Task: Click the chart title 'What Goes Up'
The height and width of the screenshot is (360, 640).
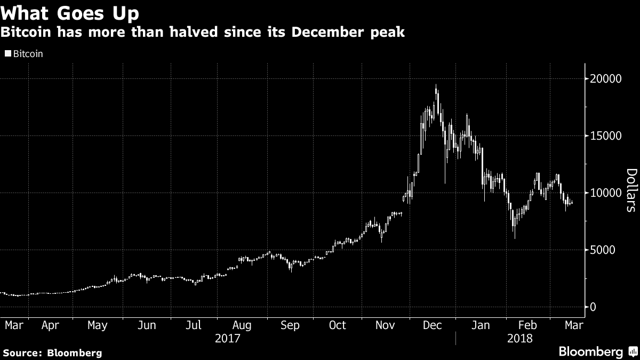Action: coord(74,12)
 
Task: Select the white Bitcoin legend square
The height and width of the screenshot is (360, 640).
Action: coord(7,54)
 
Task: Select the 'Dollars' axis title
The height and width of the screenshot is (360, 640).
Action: coord(631,190)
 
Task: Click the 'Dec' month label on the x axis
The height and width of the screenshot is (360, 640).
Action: coord(433,325)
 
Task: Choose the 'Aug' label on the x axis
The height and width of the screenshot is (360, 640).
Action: coord(242,325)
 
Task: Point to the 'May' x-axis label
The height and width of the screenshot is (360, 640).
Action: coord(97,325)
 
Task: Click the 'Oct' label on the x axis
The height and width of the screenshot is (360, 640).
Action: coord(337,325)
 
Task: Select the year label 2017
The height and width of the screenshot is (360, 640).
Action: coord(227,338)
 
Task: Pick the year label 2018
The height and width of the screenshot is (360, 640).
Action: coord(521,338)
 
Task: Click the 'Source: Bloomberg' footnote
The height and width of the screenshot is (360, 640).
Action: coord(52,353)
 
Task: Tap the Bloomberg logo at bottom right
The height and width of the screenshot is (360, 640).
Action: coord(597,351)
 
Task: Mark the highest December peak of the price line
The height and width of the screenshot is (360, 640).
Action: coord(436,85)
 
